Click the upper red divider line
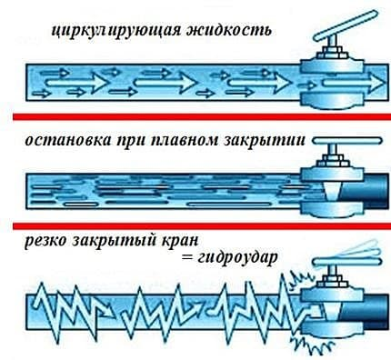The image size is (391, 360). click(x=195, y=115)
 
